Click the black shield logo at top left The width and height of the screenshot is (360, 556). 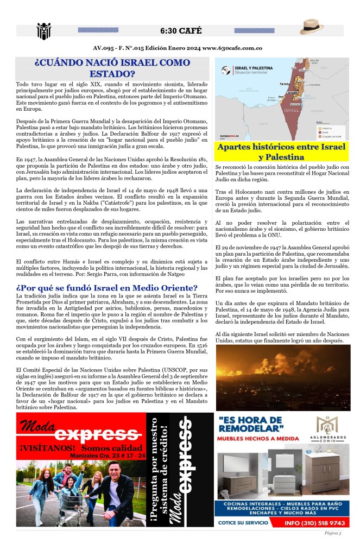coord(43,31)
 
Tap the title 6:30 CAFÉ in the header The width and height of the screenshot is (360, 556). coord(180,29)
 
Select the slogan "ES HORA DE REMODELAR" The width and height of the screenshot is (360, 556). coord(250,424)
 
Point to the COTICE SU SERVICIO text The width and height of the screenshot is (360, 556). coord(243,522)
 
